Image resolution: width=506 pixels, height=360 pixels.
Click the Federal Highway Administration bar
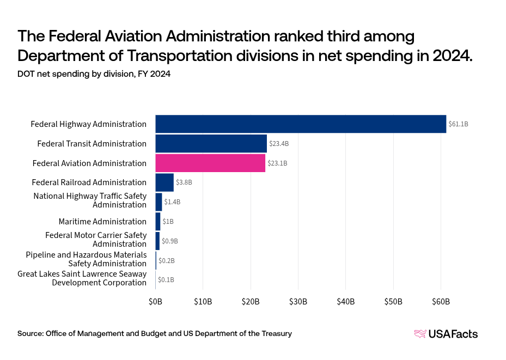tap(301, 124)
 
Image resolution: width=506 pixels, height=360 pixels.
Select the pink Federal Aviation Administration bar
tap(210, 163)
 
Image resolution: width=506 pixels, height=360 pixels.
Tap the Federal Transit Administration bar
tap(211, 144)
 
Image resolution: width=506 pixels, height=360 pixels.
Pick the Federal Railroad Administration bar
tap(164, 182)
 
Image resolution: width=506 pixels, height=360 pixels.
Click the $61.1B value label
tap(458, 124)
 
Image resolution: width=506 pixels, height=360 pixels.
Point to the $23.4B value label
tap(279, 144)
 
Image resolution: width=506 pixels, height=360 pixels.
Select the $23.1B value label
tap(277, 163)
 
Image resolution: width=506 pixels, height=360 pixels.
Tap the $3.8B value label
tap(184, 182)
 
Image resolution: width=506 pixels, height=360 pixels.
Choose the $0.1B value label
tap(166, 280)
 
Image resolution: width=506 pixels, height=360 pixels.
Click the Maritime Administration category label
tap(102, 222)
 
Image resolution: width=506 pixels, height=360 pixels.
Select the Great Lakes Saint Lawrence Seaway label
tap(82, 278)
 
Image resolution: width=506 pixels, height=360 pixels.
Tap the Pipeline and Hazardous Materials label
tap(86, 259)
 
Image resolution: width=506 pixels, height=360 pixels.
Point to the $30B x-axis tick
tap(298, 301)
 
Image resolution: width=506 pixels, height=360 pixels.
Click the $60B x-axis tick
tap(441, 301)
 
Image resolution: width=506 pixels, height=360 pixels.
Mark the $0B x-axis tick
tap(155, 301)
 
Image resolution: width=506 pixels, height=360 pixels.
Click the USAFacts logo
tap(446, 334)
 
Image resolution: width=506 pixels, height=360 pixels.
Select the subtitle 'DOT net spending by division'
tap(94, 75)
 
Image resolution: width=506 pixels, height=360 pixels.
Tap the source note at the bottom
tap(154, 333)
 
